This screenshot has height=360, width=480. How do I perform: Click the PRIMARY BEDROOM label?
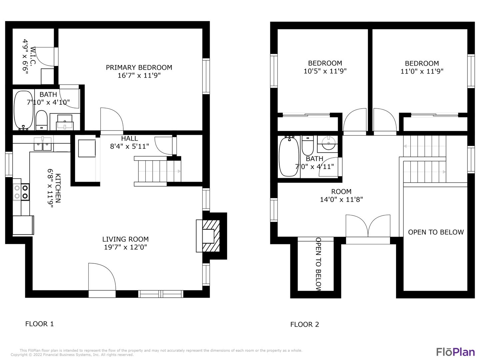pyautogui.click(x=139, y=68)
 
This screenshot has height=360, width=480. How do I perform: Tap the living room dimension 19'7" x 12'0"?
pyautogui.click(x=125, y=247)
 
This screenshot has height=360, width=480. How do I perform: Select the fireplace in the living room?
pyautogui.click(x=211, y=236)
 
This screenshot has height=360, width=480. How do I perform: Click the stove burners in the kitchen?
pyautogui.click(x=21, y=192)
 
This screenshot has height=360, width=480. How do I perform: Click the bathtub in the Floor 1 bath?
pyautogui.click(x=24, y=110)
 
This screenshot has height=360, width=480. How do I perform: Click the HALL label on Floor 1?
pyautogui.click(x=129, y=138)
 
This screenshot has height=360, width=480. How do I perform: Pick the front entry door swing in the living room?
pyautogui.click(x=102, y=277)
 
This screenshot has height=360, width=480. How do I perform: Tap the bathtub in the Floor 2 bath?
pyautogui.click(x=289, y=156)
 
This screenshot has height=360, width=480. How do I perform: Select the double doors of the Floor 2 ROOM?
pyautogui.click(x=368, y=226)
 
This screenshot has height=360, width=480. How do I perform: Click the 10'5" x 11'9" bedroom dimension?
pyautogui.click(x=325, y=71)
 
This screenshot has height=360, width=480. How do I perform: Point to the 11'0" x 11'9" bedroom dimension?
pyautogui.click(x=422, y=71)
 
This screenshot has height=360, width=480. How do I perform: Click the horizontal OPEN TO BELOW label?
pyautogui.click(x=436, y=232)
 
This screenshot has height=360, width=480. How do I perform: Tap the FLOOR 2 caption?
pyautogui.click(x=305, y=325)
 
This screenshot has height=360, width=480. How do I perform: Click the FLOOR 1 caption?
pyautogui.click(x=39, y=324)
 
